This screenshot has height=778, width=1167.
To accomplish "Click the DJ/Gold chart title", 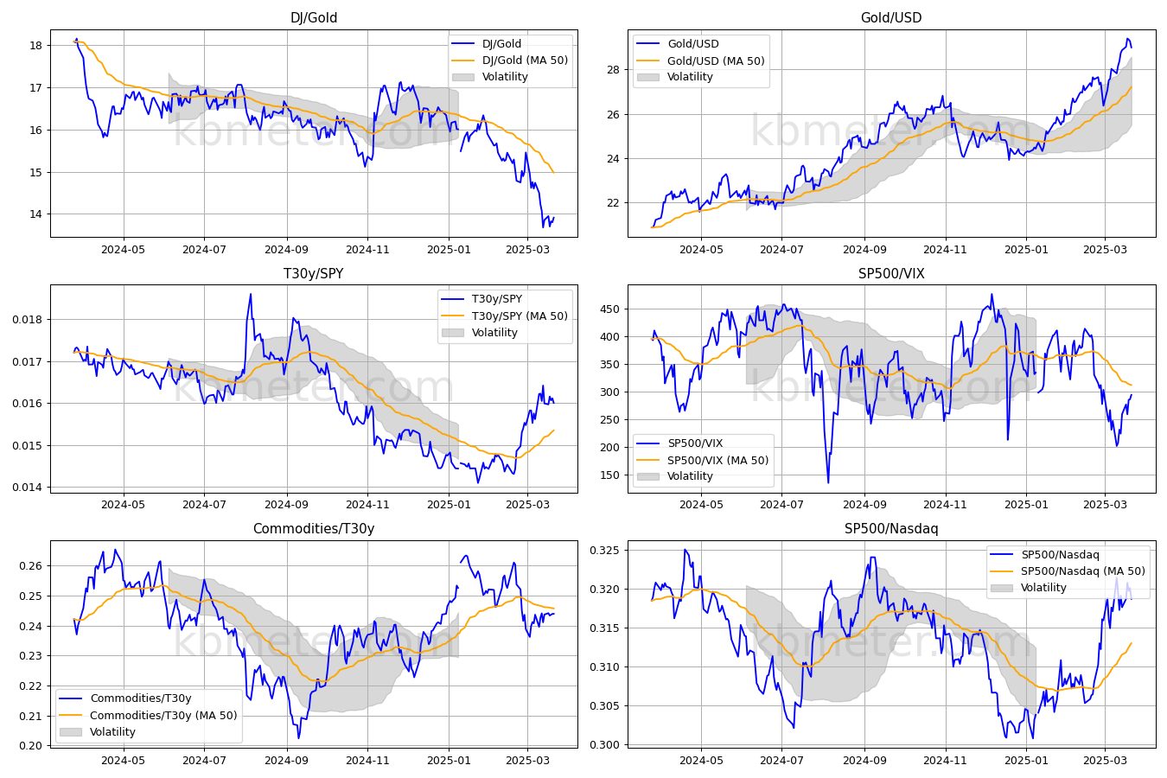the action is point(314,17).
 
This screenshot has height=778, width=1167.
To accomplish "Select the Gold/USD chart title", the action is point(891,17).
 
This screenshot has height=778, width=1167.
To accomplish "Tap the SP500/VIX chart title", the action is point(891,273).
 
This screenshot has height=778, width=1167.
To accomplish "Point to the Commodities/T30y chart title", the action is point(314,528).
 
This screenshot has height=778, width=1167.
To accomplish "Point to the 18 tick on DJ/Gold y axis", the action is point(36,45).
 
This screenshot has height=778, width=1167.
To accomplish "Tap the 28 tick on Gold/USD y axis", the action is point(613,70).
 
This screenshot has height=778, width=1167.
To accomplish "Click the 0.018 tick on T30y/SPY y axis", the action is point(28,320).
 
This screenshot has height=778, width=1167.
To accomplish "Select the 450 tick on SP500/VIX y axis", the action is point(609,309).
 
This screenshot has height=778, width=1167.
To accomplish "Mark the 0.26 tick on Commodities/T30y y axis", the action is point(31,566).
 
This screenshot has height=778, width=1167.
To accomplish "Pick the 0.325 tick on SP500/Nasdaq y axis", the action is point(605,551).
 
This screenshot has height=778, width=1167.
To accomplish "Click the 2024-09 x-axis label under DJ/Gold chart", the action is point(286,250).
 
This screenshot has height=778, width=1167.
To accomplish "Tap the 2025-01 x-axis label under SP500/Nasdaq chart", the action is point(1026,761).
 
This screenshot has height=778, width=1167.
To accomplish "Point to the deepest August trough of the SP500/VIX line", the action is point(828,482).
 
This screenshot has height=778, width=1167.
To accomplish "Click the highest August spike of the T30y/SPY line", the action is point(251,295).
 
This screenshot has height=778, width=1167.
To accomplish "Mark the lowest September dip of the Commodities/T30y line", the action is point(298,738).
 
